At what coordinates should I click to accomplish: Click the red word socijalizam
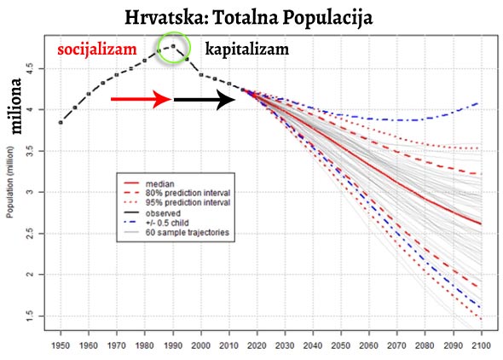tap(97, 49)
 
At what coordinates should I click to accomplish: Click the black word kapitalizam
tap(247, 49)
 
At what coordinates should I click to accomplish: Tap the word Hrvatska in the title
tap(166, 17)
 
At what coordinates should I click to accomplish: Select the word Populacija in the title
tap(327, 18)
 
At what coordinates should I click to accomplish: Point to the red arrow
tap(142, 99)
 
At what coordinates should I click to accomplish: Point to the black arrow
tap(205, 100)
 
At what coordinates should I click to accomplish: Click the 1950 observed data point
tap(61, 123)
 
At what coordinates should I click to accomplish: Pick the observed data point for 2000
tap(201, 75)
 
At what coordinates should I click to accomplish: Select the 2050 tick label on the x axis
tap(341, 345)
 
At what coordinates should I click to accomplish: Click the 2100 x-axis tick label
tap(482, 345)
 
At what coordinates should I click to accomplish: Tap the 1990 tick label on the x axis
tap(173, 345)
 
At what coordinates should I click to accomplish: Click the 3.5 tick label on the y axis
tap(29, 151)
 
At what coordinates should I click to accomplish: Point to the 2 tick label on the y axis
tap(29, 275)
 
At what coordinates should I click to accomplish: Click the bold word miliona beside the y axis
tap(15, 106)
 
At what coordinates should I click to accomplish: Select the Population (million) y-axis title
tap(10, 183)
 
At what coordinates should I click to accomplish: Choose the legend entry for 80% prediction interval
tap(177, 193)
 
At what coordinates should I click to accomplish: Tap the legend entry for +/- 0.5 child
tap(156, 223)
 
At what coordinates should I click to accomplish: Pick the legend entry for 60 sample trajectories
tap(176, 232)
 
